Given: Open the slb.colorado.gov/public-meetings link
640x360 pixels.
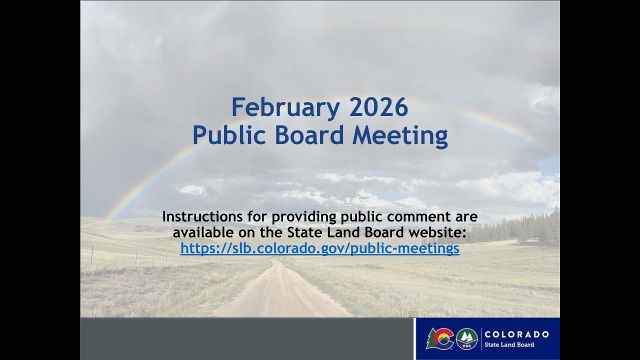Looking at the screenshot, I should pyautogui.click(x=320, y=248).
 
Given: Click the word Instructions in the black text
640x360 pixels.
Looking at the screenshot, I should pyautogui.click(x=202, y=217).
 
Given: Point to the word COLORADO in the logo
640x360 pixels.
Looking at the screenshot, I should pyautogui.click(x=516, y=334).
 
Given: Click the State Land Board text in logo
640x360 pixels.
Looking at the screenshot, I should pyautogui.click(x=509, y=344).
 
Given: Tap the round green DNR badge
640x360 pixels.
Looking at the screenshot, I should pyautogui.click(x=466, y=339).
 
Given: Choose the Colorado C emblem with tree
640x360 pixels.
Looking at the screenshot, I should pyautogui.click(x=440, y=338).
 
